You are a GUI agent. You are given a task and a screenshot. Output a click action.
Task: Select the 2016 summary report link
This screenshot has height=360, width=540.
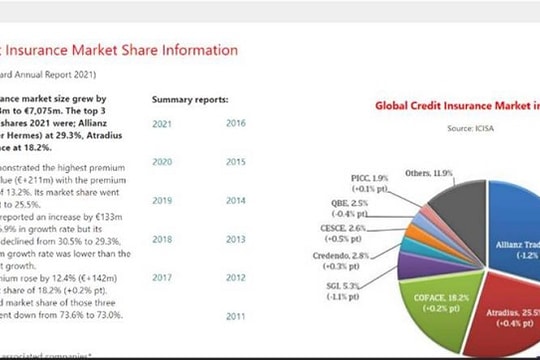tap(236, 123)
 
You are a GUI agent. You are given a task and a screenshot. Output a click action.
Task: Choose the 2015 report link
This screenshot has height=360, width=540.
tap(236, 161)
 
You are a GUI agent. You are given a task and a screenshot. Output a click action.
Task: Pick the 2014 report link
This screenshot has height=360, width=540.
tap(236, 200)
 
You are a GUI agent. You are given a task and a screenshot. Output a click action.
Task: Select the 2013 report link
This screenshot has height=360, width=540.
tap(236, 240)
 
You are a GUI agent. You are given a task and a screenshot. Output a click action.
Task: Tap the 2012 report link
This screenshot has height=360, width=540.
tap(236, 277)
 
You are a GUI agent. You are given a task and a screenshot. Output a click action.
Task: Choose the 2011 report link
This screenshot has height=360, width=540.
tap(236, 316)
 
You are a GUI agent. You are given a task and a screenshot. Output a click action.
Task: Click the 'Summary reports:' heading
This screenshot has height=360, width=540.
tap(190, 100)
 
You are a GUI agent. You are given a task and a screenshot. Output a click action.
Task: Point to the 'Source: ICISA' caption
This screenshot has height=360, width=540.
tap(473, 128)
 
